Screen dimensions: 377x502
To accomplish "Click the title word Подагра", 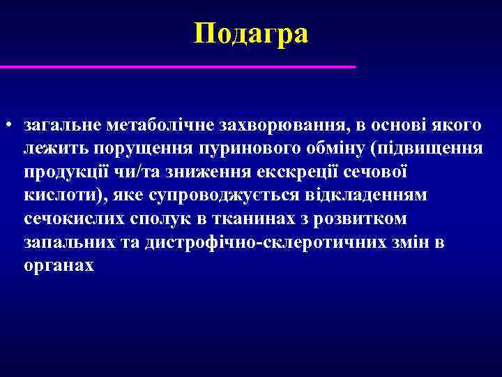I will coord(251,33).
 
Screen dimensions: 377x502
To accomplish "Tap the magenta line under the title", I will coord(178,67).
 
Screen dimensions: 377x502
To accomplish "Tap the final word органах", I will coord(59,266).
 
